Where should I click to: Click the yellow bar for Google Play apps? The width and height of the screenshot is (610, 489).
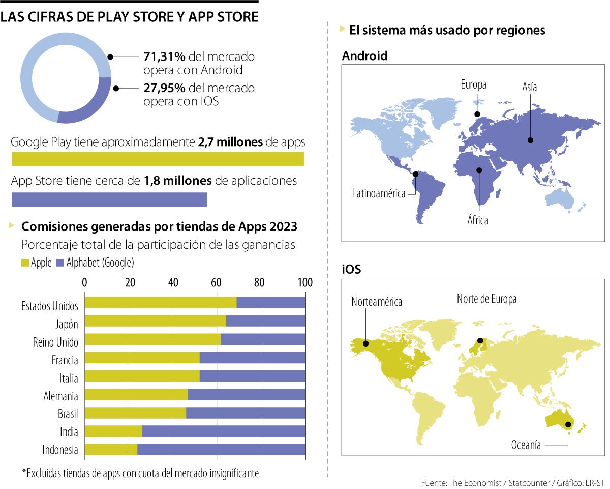(x=158, y=159)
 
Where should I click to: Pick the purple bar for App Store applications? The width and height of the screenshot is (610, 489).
(x=109, y=199)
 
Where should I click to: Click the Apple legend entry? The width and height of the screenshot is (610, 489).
(x=36, y=263)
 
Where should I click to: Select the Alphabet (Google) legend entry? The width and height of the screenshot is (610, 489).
(x=95, y=263)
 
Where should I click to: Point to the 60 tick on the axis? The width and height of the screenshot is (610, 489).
(x=216, y=283)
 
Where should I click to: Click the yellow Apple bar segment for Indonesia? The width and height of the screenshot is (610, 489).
(x=110, y=450)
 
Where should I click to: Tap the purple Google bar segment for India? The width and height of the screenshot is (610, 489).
(x=224, y=432)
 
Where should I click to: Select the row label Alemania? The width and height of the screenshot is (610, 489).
(x=60, y=396)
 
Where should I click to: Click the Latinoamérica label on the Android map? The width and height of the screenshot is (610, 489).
(x=378, y=193)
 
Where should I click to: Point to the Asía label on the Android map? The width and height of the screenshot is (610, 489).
(x=529, y=87)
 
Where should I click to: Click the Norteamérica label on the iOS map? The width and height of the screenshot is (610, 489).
(x=377, y=302)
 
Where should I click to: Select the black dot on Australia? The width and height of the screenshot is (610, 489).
(x=568, y=424)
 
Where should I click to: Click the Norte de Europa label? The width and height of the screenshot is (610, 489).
(x=486, y=299)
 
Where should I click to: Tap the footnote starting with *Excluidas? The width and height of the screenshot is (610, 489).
(x=140, y=473)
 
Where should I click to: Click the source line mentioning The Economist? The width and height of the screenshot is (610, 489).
(x=510, y=482)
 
